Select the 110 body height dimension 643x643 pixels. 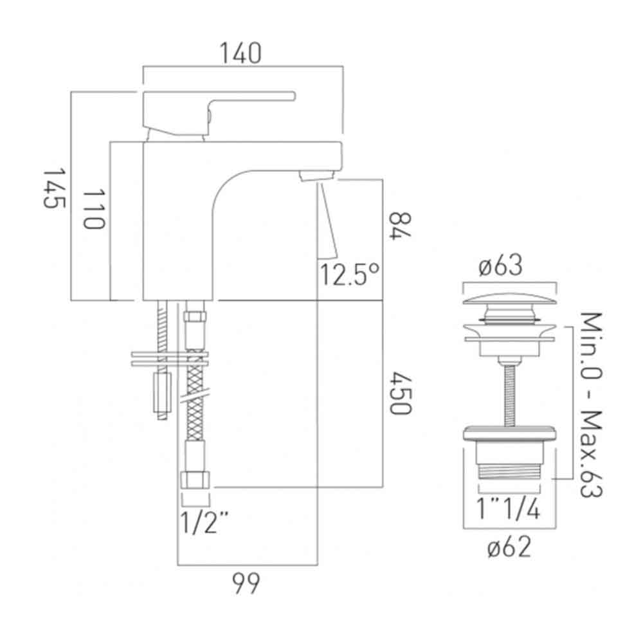tap(94, 210)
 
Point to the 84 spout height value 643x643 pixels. tap(399, 226)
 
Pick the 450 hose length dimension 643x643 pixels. tap(399, 392)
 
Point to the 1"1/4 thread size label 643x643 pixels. tap(509, 510)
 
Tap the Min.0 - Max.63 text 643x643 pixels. tap(590, 405)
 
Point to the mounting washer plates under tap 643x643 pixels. tap(170, 359)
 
